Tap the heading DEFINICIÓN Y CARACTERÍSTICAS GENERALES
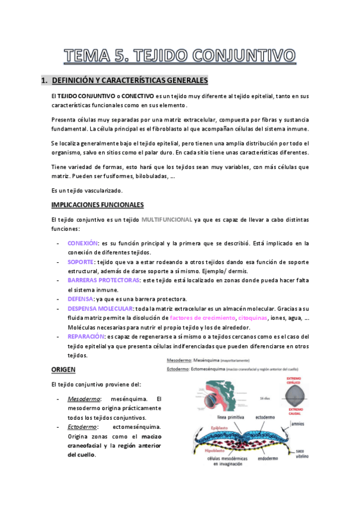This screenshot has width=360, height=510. [130, 80]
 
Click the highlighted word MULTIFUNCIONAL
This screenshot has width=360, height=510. [166, 220]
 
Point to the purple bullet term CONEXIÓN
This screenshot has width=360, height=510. [82, 243]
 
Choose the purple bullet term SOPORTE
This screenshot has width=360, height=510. [81, 262]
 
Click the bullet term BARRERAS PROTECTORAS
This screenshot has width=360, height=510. [103, 280]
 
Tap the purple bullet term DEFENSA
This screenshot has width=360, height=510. [81, 299]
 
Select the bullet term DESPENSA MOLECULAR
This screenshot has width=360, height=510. [100, 308]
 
